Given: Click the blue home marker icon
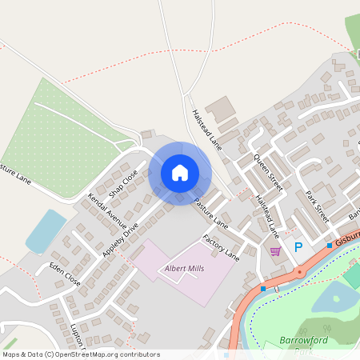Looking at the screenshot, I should pos(180,172).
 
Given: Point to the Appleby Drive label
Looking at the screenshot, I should pos(121,238).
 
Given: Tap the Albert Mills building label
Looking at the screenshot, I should pos(184,268).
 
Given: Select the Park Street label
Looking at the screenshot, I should pos(317,206).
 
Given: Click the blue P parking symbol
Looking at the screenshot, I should pos(298,248).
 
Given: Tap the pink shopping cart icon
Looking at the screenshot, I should pos(275,251).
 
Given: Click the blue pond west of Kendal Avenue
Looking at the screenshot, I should pos(46,231).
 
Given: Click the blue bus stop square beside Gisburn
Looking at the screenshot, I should pos(329,245).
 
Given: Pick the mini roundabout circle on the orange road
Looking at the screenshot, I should pos(300,272).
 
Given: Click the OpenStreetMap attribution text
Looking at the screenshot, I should pos(80,354).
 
